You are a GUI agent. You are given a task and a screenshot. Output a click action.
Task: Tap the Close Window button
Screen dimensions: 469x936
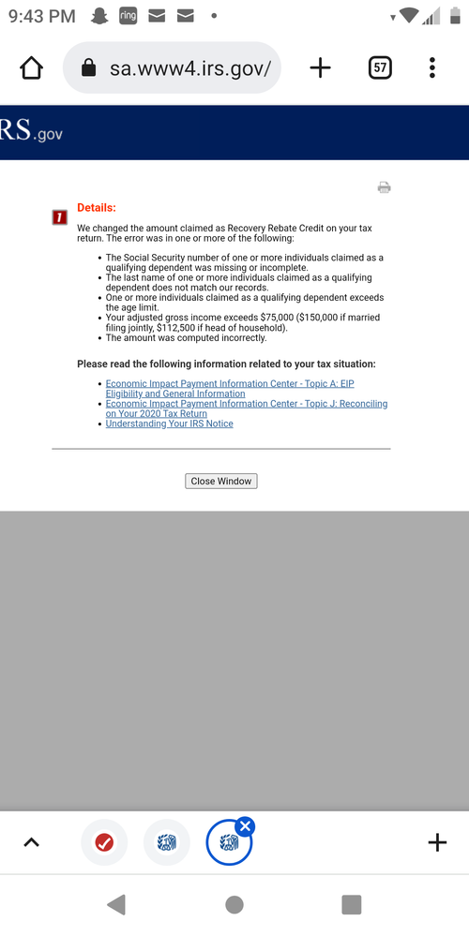(221, 481)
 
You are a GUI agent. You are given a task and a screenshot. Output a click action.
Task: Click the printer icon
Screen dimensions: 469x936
(384, 187)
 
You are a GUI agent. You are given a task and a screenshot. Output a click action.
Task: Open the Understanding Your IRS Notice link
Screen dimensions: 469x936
(169, 423)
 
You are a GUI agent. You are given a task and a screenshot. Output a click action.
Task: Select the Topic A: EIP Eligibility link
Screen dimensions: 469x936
(229, 384)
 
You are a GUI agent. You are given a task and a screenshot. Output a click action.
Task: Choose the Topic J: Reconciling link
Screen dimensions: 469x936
(246, 404)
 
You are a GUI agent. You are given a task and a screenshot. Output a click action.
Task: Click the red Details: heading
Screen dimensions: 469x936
(97, 207)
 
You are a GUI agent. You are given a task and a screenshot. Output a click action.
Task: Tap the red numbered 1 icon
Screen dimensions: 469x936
(59, 217)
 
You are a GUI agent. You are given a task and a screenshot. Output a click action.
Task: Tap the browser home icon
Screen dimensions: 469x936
(31, 67)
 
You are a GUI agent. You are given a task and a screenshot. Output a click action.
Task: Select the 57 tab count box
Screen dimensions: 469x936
(380, 67)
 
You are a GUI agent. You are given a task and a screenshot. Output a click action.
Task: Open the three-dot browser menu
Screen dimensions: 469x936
(431, 67)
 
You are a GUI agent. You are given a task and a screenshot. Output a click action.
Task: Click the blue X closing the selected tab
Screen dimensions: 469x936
(245, 825)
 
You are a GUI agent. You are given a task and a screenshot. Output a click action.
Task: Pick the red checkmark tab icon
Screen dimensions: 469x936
(104, 842)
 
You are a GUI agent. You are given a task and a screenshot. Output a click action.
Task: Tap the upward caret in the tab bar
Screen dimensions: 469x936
(31, 842)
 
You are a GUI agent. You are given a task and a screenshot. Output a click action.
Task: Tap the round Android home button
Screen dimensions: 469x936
(234, 904)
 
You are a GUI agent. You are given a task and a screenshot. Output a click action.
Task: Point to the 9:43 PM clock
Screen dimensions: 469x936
(41, 16)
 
